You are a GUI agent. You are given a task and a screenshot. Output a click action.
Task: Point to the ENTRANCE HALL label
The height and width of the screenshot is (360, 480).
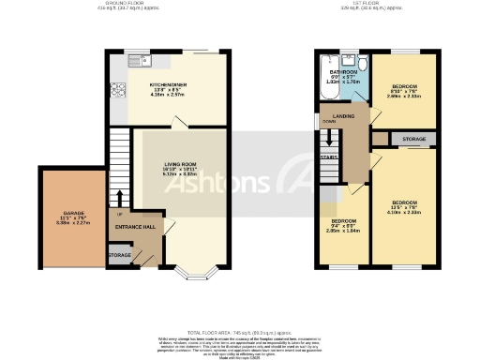click(135, 227)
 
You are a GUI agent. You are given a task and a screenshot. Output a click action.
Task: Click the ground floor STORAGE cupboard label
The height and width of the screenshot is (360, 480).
click(119, 254)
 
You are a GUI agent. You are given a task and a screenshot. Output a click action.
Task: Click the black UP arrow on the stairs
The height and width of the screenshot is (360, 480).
click(120, 197)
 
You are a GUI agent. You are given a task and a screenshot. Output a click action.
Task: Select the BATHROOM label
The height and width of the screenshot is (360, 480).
click(342, 71)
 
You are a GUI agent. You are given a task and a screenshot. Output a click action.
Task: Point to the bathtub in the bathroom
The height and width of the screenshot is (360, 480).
click(333, 89)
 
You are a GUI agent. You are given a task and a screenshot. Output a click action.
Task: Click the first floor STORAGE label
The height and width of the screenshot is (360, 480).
click(413, 139)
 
